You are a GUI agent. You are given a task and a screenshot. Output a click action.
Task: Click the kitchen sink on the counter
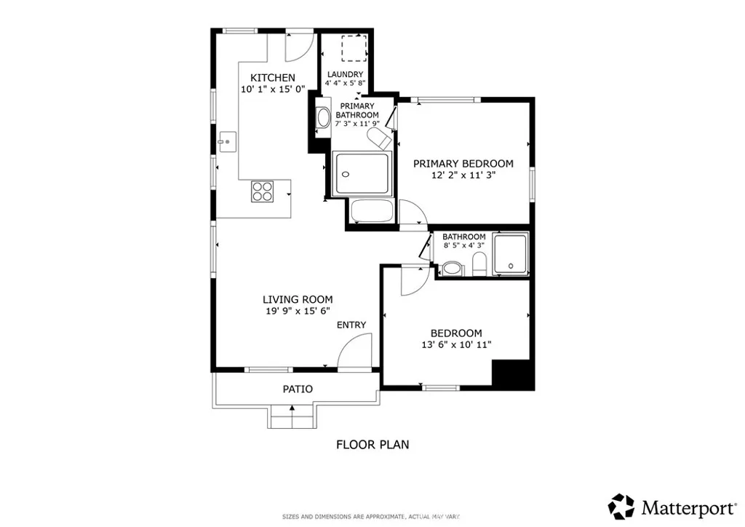(x=228, y=140)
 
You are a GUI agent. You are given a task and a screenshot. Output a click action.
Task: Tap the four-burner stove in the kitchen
(x=263, y=191)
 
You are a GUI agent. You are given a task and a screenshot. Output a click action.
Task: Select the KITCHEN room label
(x=273, y=78)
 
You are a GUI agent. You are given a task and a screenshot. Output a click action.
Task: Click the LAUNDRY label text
(x=345, y=74)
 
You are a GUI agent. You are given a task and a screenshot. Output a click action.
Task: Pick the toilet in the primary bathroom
(x=379, y=138)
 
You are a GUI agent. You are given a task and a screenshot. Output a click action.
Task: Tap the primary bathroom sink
(x=322, y=119)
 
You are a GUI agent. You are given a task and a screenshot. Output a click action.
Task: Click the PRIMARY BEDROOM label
(x=463, y=164)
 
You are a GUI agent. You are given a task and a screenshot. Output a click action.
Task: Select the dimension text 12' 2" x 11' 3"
(x=463, y=175)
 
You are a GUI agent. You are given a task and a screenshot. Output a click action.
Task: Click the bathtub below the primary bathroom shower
(x=372, y=213)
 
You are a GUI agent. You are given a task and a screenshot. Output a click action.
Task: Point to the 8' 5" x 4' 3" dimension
(x=464, y=246)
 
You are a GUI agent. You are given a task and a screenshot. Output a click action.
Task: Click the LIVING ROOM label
(x=298, y=299)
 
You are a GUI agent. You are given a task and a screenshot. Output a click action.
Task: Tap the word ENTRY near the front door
(x=351, y=325)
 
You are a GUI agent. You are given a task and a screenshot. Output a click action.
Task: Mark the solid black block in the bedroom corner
(x=514, y=374)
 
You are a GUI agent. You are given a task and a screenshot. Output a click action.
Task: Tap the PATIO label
(x=298, y=389)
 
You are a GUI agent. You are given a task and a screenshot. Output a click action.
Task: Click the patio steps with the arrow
(x=292, y=418)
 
